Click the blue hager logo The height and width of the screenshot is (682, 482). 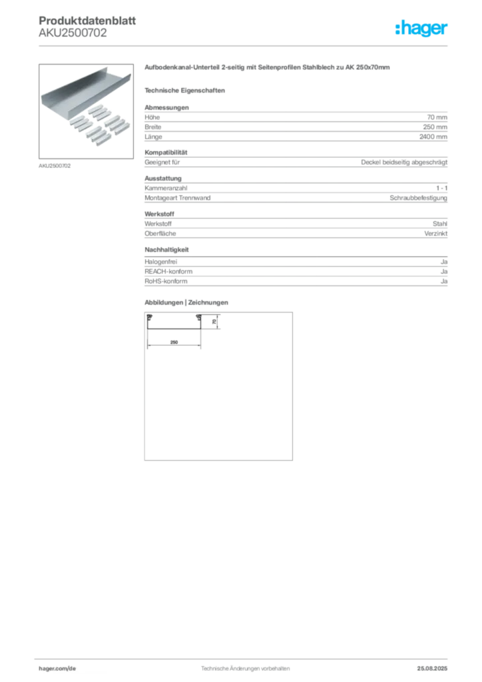pyautogui.click(x=422, y=29)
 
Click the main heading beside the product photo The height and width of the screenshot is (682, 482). pyautogui.click(x=269, y=69)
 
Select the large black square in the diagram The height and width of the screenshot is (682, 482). pyautogui.click(x=218, y=386)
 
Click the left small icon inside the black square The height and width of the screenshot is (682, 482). pyautogui.click(x=150, y=318)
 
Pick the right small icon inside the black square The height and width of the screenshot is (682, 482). pyautogui.click(x=198, y=318)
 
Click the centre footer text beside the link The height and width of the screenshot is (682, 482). pyautogui.click(x=243, y=665)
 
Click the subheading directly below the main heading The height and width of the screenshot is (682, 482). pyautogui.click(x=186, y=90)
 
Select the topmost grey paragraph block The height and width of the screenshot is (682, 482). pyautogui.click(x=296, y=124)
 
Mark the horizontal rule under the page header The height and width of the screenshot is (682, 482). pyautogui.click(x=245, y=45)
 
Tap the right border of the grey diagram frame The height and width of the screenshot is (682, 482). pyautogui.click(x=293, y=386)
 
